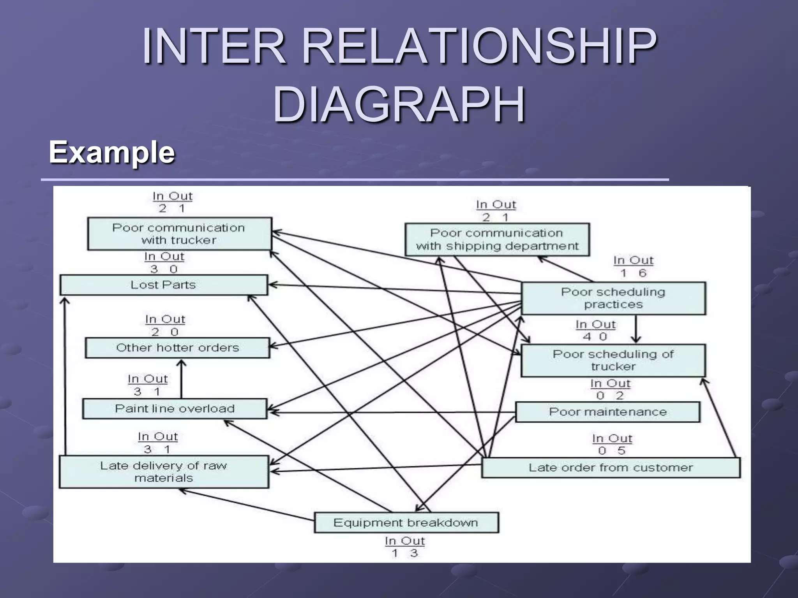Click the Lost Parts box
click(x=164, y=285)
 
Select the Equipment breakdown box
click(x=406, y=522)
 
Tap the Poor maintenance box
click(x=607, y=412)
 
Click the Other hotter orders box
click(x=177, y=348)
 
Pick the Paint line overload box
click(x=175, y=409)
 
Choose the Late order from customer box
click(x=611, y=468)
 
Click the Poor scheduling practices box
click(x=613, y=298)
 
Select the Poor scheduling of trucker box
click(x=613, y=360)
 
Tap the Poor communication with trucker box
click(x=179, y=234)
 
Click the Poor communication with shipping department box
click(x=497, y=239)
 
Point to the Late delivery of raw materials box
click(x=164, y=472)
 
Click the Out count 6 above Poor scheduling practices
click(x=643, y=273)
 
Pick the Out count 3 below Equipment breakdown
click(x=414, y=553)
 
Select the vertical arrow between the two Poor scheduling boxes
click(x=636, y=329)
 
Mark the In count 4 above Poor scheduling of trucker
click(x=587, y=336)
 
